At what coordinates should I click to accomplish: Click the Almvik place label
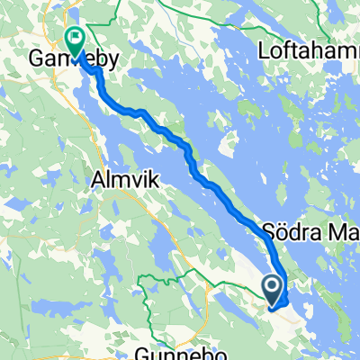(124, 180)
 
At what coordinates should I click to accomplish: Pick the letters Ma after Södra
(341, 229)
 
